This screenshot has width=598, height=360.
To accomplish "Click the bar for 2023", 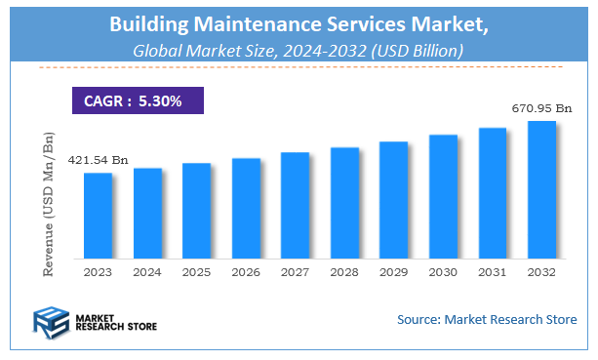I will point(98,216).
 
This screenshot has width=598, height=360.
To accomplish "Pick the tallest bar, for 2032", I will point(541,189).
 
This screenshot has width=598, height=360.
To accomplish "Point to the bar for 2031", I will point(493,193).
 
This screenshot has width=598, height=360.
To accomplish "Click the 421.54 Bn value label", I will point(98,160).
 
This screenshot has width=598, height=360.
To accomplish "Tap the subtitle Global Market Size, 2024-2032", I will point(299,47).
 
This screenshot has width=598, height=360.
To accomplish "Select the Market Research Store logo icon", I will point(52,321).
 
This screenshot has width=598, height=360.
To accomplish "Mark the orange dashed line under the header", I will point(299,66).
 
